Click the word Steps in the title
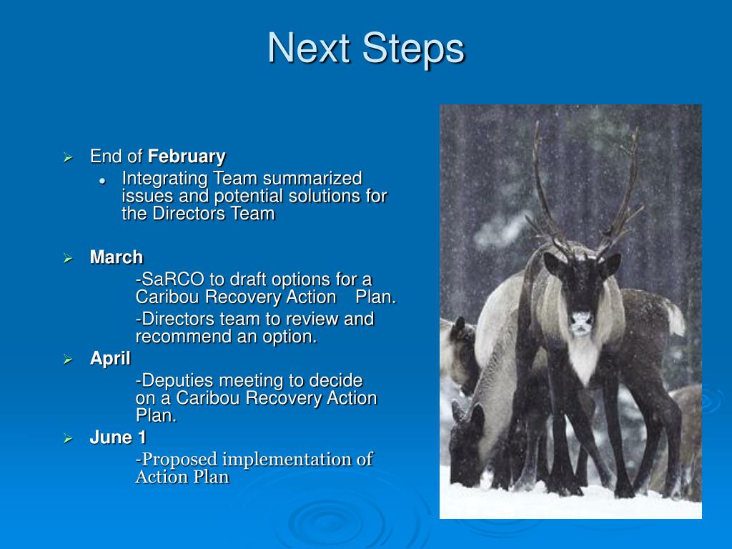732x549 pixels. click(x=414, y=49)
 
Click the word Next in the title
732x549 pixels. click(x=309, y=48)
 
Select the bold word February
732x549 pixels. click(x=187, y=157)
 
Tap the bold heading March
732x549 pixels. click(x=117, y=257)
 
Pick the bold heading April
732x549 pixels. click(x=110, y=359)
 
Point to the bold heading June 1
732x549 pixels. click(x=118, y=437)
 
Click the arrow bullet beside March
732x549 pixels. click(x=68, y=258)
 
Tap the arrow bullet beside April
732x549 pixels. click(x=68, y=360)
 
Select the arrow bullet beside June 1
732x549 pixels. click(x=68, y=438)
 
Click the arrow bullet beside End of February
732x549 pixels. click(x=68, y=157)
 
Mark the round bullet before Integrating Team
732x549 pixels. click(x=103, y=181)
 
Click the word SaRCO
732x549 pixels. click(x=173, y=280)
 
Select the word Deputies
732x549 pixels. click(x=178, y=382)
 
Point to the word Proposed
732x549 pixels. click(x=179, y=460)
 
